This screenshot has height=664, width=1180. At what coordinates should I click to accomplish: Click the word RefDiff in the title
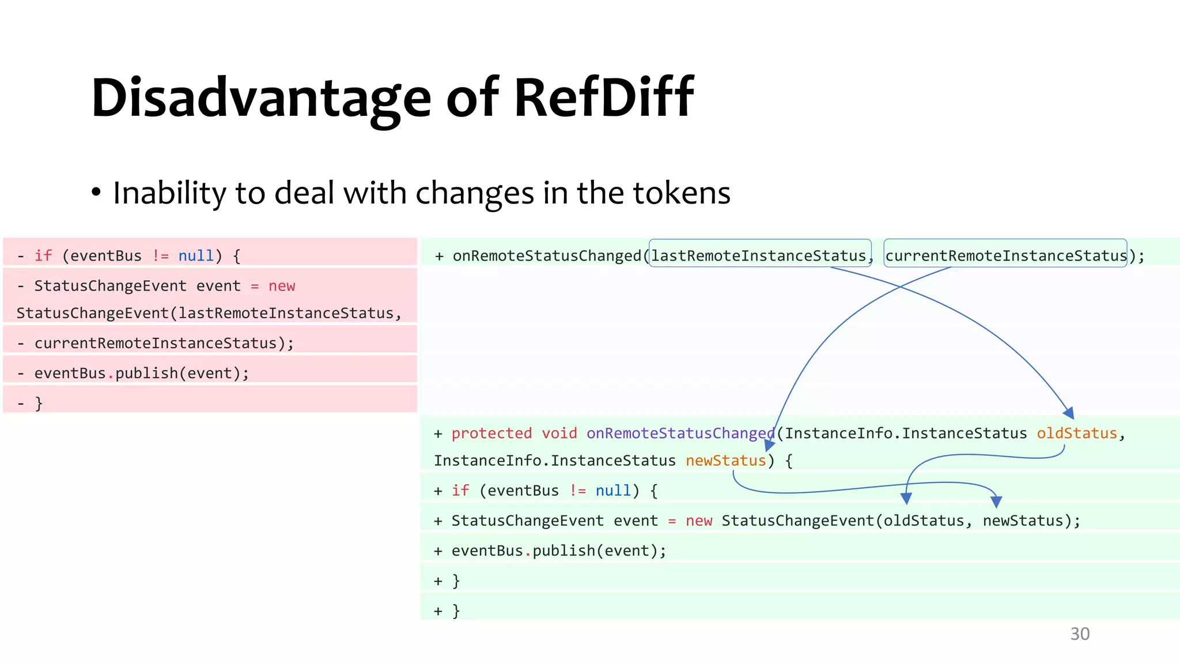603,97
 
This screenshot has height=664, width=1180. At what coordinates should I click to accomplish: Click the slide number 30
1080,633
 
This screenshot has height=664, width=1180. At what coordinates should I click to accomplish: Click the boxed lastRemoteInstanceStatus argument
759,255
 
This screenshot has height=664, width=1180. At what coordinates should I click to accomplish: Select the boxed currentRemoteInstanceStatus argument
1005,255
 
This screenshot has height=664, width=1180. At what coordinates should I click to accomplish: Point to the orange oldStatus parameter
1077,433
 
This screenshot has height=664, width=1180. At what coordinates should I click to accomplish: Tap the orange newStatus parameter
725,461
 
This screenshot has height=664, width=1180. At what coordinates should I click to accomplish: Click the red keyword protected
491,433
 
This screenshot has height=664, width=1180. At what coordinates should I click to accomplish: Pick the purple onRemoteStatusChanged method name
680,433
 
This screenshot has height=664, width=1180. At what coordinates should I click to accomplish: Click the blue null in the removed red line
196,255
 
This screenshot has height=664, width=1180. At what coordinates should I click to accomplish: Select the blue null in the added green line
613,491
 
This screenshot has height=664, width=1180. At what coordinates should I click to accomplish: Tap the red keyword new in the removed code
282,286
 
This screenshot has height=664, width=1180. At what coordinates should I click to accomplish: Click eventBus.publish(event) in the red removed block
141,373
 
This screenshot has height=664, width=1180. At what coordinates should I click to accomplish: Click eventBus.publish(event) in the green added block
558,550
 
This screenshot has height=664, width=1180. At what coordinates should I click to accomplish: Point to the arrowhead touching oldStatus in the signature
1069,413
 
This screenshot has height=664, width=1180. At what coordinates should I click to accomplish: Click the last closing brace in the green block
456,610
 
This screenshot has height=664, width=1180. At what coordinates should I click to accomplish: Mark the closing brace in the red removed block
39,403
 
